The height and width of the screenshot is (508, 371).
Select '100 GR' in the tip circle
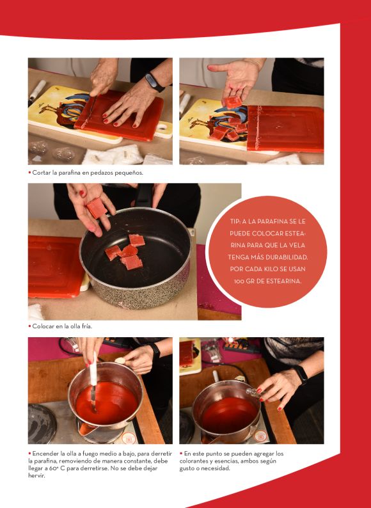pos(244,282)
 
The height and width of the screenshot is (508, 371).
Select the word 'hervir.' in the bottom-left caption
pos(36,475)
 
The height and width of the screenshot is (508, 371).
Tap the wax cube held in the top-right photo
pos(233,102)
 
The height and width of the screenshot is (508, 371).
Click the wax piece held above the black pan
pos(97,208)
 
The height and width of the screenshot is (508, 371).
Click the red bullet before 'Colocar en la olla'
pos(30,326)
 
